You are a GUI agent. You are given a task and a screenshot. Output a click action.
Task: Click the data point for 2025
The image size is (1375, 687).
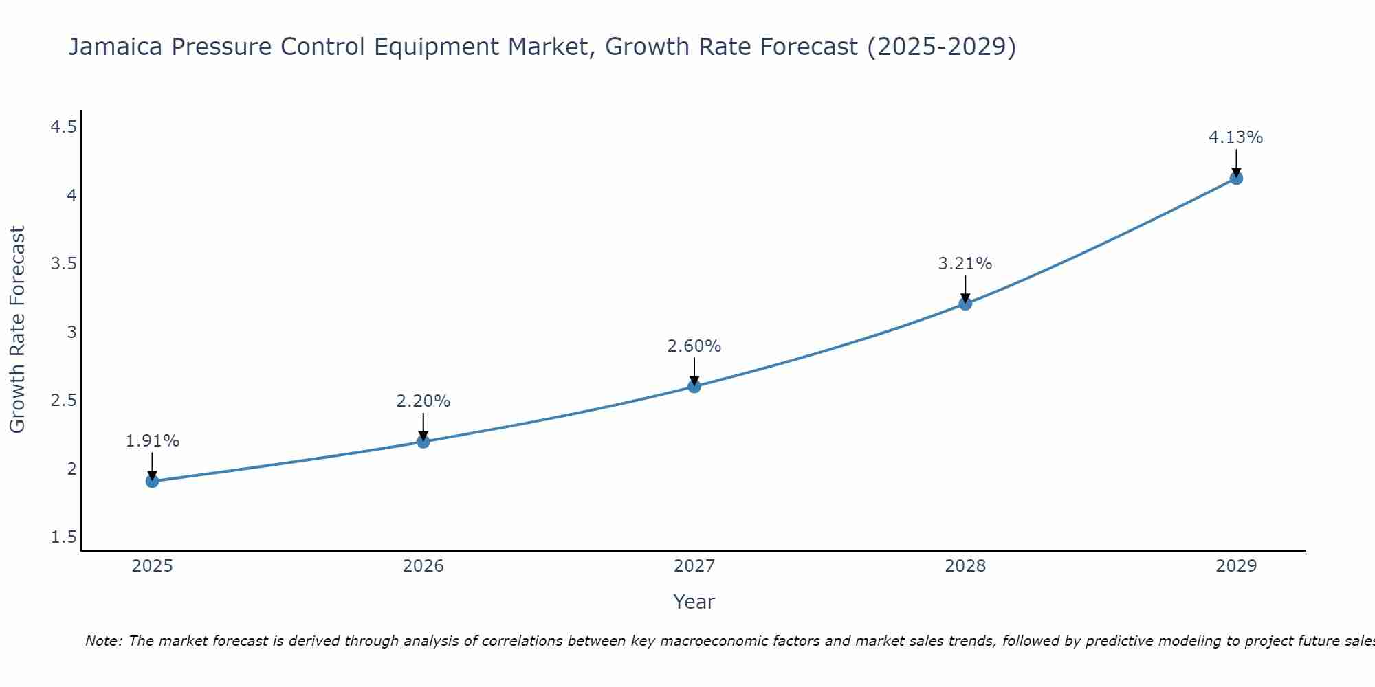152,481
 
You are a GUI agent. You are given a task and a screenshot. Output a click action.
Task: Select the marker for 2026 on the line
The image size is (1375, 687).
423,441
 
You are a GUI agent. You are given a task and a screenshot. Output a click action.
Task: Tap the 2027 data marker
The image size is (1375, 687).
694,386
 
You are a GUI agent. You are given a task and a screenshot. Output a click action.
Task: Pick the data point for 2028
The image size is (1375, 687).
965,303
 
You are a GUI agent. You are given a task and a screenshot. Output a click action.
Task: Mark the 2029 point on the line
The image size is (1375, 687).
1235,178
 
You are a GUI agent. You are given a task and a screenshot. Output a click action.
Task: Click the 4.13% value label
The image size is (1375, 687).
1235,137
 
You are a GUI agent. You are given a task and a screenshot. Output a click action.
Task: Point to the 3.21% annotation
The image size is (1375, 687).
965,264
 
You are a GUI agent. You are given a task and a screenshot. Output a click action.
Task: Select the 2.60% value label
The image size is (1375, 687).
694,346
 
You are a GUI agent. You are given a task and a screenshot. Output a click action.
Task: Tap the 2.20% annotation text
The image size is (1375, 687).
423,401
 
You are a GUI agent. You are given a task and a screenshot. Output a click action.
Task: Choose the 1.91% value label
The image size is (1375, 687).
152,441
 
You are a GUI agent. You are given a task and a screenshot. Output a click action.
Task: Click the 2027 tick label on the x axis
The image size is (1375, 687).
694,566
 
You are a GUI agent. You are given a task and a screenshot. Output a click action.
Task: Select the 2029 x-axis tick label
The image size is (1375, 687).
1235,566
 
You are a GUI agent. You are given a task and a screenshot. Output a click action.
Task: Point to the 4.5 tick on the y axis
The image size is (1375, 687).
63,127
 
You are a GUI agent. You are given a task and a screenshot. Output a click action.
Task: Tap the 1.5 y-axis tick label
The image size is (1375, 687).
63,537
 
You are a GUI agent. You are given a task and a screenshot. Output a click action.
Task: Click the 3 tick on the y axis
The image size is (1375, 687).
71,333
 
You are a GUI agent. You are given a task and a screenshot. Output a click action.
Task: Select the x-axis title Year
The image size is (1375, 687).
694,602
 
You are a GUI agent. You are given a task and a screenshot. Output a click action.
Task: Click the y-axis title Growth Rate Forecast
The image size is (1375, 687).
17,330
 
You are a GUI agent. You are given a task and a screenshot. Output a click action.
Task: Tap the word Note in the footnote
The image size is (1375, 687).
102,641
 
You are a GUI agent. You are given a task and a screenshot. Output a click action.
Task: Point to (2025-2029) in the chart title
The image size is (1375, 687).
941,47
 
